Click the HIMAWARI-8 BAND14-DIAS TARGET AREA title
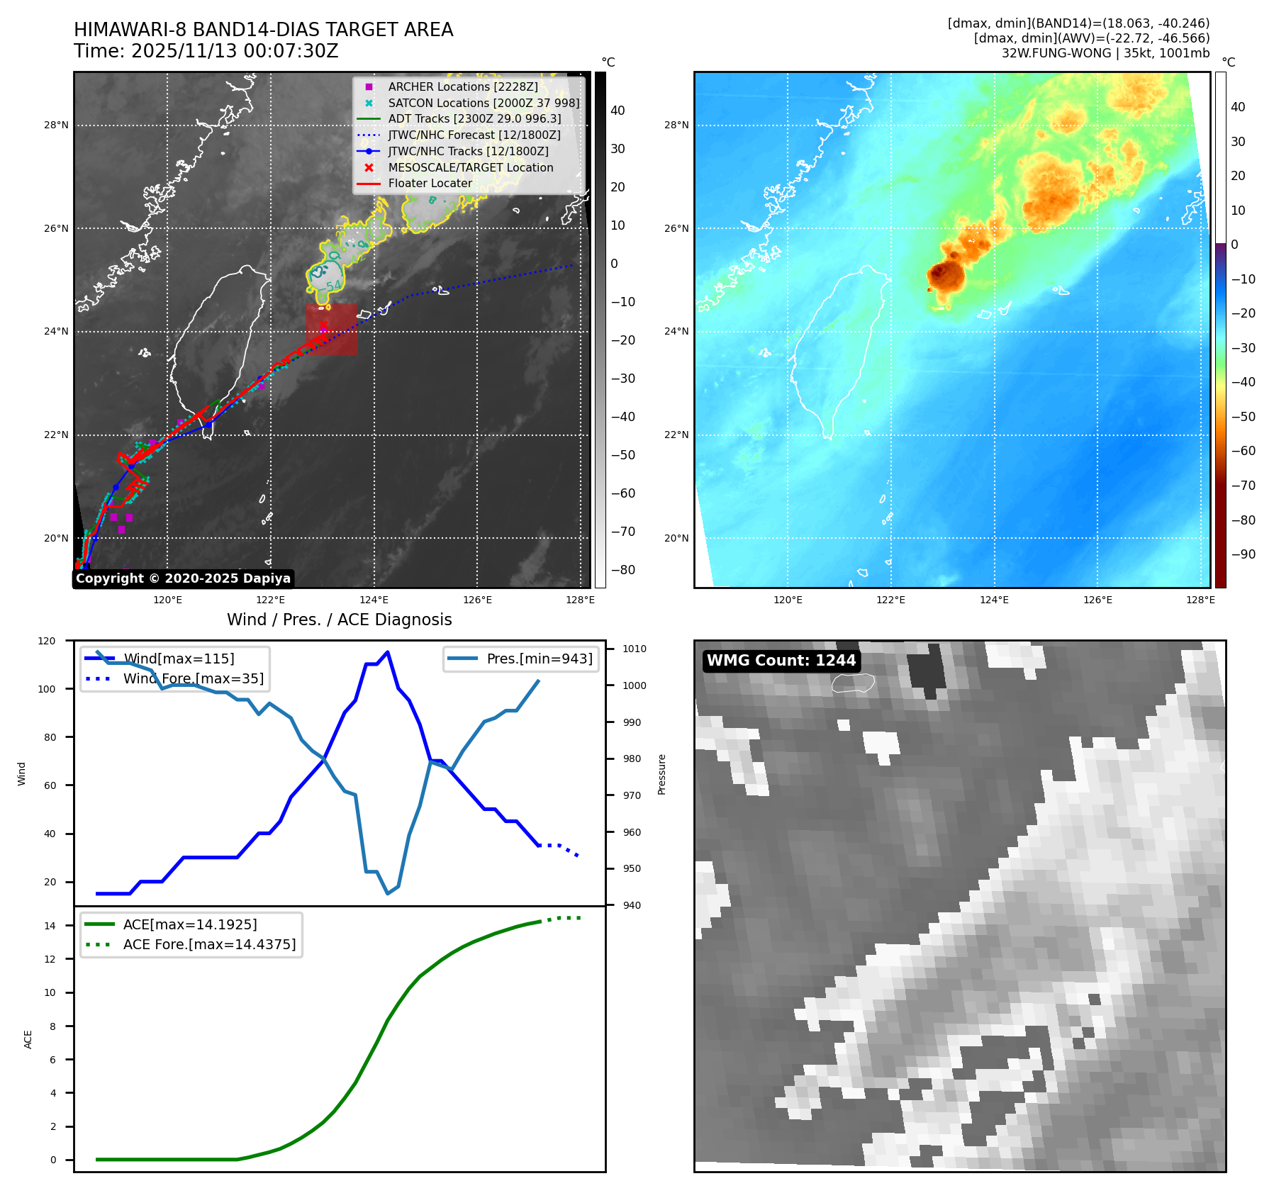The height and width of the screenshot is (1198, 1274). (263, 30)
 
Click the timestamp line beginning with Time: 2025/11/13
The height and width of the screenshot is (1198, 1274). (206, 51)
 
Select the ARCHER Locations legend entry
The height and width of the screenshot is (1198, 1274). (462, 86)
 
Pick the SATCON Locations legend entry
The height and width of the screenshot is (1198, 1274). (484, 103)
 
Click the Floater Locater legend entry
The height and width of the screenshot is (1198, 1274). (430, 183)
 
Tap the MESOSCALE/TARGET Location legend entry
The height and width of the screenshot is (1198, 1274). (470, 167)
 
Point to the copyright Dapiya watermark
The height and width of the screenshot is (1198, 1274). (183, 578)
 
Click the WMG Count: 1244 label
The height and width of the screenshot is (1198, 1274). (781, 661)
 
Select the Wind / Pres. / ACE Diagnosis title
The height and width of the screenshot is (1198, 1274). (339, 620)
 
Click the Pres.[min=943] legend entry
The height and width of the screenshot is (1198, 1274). (539, 659)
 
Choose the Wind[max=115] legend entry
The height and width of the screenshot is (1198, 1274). (178, 659)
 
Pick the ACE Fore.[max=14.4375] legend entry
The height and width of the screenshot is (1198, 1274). (209, 944)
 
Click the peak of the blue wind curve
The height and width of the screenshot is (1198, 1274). (387, 652)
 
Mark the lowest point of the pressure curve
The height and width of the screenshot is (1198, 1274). (387, 893)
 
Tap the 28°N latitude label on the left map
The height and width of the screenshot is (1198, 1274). (56, 125)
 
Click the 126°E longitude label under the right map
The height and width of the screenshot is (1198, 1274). (1097, 600)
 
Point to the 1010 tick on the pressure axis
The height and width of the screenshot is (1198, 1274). (634, 649)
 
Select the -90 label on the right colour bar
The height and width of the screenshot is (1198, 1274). (1243, 554)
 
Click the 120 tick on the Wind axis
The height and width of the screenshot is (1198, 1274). (47, 641)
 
